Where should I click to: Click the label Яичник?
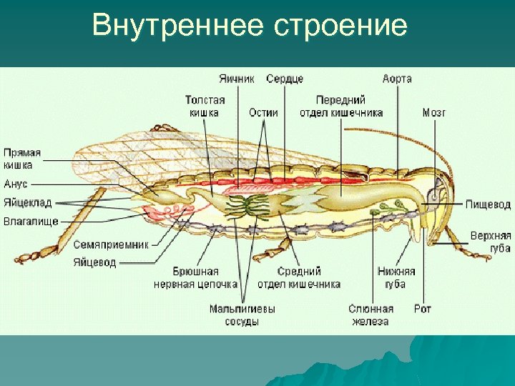coord(237,79)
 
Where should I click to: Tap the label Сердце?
coord(285,79)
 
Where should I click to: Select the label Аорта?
coord(397,79)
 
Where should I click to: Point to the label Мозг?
coord(433,112)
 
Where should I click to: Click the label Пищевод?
coord(488,204)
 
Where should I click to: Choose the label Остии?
coord(263,112)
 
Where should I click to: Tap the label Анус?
coord(16,184)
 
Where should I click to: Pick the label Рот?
coord(422,309)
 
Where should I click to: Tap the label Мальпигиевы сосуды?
coord(242,315)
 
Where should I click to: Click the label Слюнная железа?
coord(371,315)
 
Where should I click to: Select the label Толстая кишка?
coord(205,106)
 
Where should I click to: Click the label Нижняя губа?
coord(396,278)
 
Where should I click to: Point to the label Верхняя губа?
coord(490,242)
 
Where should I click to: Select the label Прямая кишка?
coord(22,159)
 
